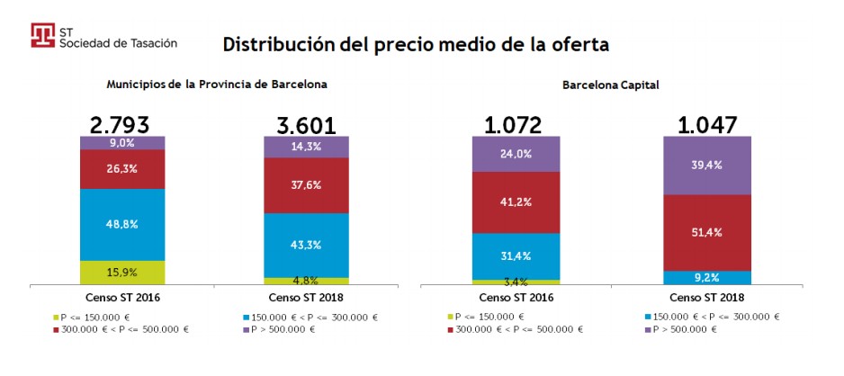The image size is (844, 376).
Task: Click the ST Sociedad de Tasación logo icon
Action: [x=42, y=35]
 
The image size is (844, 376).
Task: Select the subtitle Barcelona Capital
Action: [x=611, y=85]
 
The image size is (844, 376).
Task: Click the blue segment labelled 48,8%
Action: [x=122, y=224]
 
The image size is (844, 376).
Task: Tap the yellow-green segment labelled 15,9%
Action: [x=122, y=273]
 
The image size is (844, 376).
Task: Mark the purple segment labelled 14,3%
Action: [x=306, y=147]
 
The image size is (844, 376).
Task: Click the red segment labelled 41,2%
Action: [x=516, y=202]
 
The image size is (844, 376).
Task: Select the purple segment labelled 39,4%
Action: [x=706, y=166]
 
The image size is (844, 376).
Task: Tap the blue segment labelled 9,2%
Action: [x=706, y=278]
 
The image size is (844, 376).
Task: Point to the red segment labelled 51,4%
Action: [x=706, y=232]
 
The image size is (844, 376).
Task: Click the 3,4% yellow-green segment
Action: [x=516, y=282]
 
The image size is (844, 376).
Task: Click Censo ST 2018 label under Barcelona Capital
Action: [x=706, y=297]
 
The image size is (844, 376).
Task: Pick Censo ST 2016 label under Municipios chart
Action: [x=122, y=297]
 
